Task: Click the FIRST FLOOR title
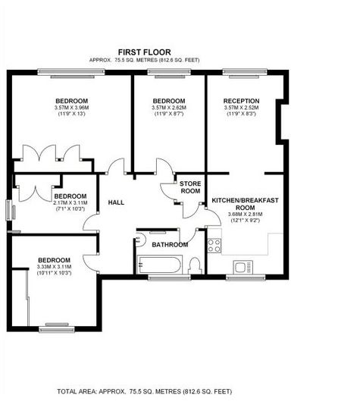point(144,52)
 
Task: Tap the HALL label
point(116,202)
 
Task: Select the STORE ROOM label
point(190,187)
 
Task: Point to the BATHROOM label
point(170,245)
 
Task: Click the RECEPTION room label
point(242,101)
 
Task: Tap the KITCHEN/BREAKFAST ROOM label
point(245,204)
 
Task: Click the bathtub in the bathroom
point(159,265)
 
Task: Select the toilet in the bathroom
point(195,265)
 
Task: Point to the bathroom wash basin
point(140,239)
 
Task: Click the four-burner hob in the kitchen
point(214,246)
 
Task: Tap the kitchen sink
point(243,267)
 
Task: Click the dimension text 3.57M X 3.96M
point(71,108)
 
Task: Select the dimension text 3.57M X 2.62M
point(169,108)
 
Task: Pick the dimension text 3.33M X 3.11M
point(55,267)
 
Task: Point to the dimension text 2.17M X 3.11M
point(70,203)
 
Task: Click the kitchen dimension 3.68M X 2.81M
point(245,215)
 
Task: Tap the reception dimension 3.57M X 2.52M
point(242,108)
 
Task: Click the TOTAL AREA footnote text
point(144,391)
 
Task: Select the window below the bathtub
point(169,278)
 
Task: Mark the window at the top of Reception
point(245,72)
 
